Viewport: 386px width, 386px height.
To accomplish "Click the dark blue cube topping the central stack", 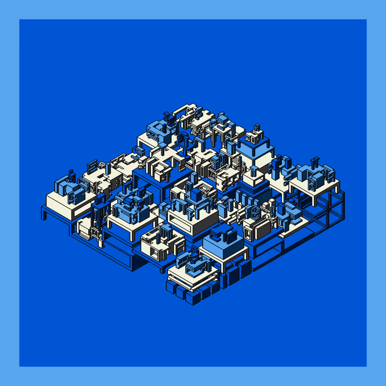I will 196,194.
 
